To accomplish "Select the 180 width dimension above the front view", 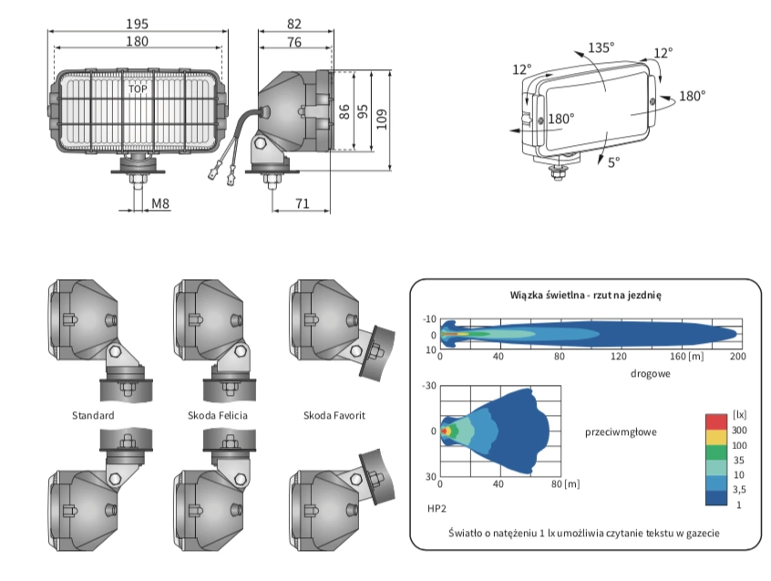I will (138, 42).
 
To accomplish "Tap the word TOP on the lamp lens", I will (138, 89).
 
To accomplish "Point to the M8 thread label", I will (160, 203).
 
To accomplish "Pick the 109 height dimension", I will (382, 118).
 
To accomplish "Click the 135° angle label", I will (600, 48).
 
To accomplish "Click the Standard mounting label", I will (93, 416).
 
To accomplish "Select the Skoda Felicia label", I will (217, 416).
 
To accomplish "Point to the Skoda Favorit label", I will (334, 416).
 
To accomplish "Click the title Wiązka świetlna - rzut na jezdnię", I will (585, 296).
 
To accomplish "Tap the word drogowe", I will (651, 374).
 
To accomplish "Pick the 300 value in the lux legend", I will (740, 429).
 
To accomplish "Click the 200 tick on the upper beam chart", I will (737, 355).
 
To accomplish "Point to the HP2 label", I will (435, 502).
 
